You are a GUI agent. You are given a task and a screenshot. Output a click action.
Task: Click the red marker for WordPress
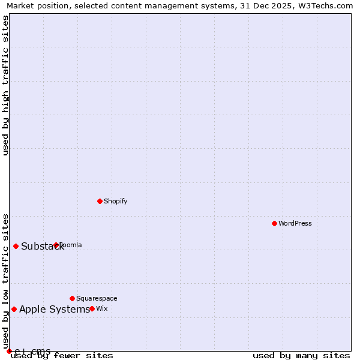(x=274, y=223)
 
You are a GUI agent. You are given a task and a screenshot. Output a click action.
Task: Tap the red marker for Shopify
(x=100, y=201)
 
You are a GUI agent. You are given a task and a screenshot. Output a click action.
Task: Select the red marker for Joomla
(x=56, y=245)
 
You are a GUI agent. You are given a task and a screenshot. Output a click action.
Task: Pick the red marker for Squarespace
(x=72, y=298)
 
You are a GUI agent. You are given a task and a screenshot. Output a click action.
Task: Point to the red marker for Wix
(x=92, y=308)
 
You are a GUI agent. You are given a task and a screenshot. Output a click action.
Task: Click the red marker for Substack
(x=16, y=246)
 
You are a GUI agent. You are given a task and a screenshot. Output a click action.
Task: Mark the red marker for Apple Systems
(x=14, y=309)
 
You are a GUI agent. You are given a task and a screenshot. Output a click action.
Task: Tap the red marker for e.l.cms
(x=9, y=351)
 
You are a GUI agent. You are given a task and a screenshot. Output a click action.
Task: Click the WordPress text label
(x=295, y=223)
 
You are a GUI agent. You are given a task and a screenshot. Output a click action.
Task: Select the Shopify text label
(x=115, y=201)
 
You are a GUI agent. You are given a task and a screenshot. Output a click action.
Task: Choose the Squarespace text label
(x=97, y=298)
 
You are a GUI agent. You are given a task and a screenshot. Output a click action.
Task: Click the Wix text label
(x=102, y=308)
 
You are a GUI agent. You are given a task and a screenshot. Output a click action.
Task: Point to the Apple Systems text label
(x=54, y=309)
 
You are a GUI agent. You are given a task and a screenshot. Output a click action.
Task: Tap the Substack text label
(x=42, y=246)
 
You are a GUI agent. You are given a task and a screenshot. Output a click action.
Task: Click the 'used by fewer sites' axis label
(x=62, y=356)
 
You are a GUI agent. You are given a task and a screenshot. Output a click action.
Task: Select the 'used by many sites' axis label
(x=301, y=356)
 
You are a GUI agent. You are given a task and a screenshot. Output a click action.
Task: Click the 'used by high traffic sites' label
(x=5, y=85)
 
